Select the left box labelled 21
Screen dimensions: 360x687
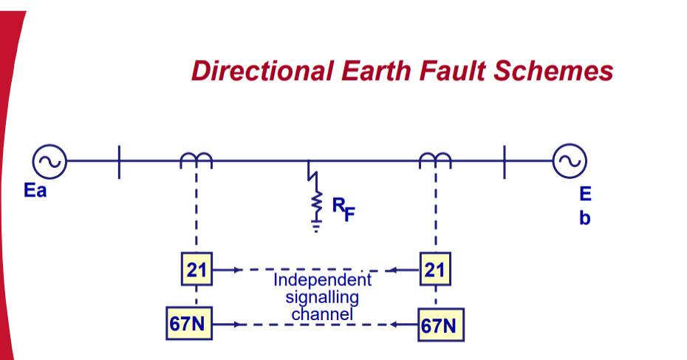click(196, 270)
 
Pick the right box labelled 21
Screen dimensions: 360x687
click(434, 270)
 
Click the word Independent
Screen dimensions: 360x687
click(323, 281)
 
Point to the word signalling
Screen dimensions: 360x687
click(322, 298)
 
